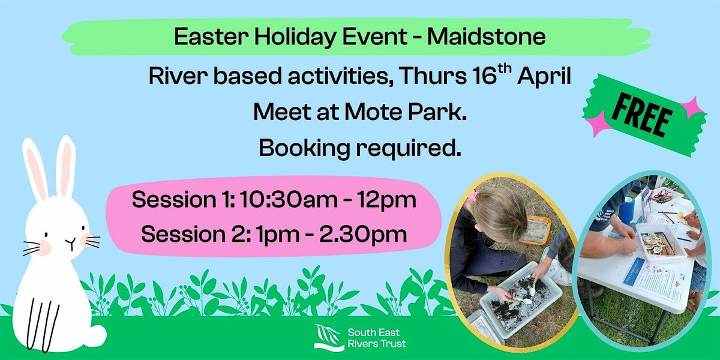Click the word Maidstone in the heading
click(486, 37)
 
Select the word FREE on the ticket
click(642, 115)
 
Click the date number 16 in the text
click(485, 77)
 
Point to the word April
click(544, 78)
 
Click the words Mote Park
click(406, 112)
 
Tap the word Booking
click(304, 149)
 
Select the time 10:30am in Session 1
click(289, 199)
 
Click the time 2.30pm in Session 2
click(363, 234)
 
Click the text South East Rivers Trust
click(376, 338)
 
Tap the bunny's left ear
click(35, 169)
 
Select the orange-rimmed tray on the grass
click(535, 230)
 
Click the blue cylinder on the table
click(626, 209)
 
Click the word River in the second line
click(176, 77)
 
